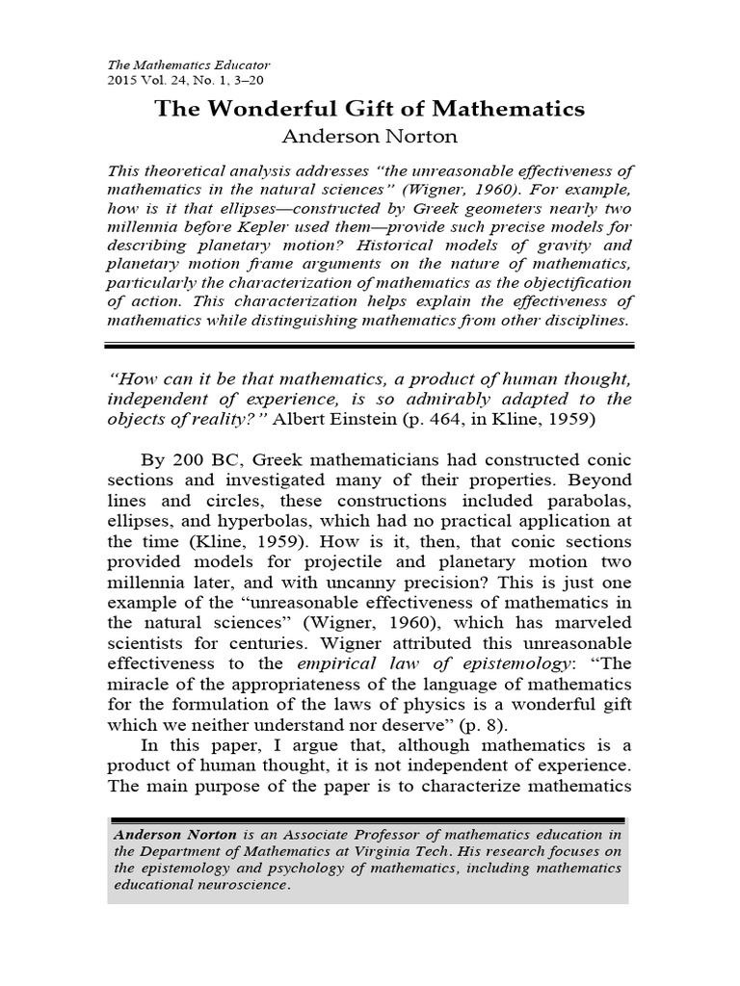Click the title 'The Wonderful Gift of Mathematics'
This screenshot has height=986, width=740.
tap(370, 109)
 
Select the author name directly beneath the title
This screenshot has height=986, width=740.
tap(370, 136)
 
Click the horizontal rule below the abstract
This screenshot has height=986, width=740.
tap(370, 343)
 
